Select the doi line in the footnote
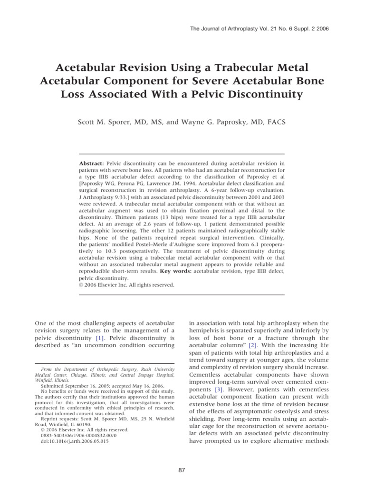75,441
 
